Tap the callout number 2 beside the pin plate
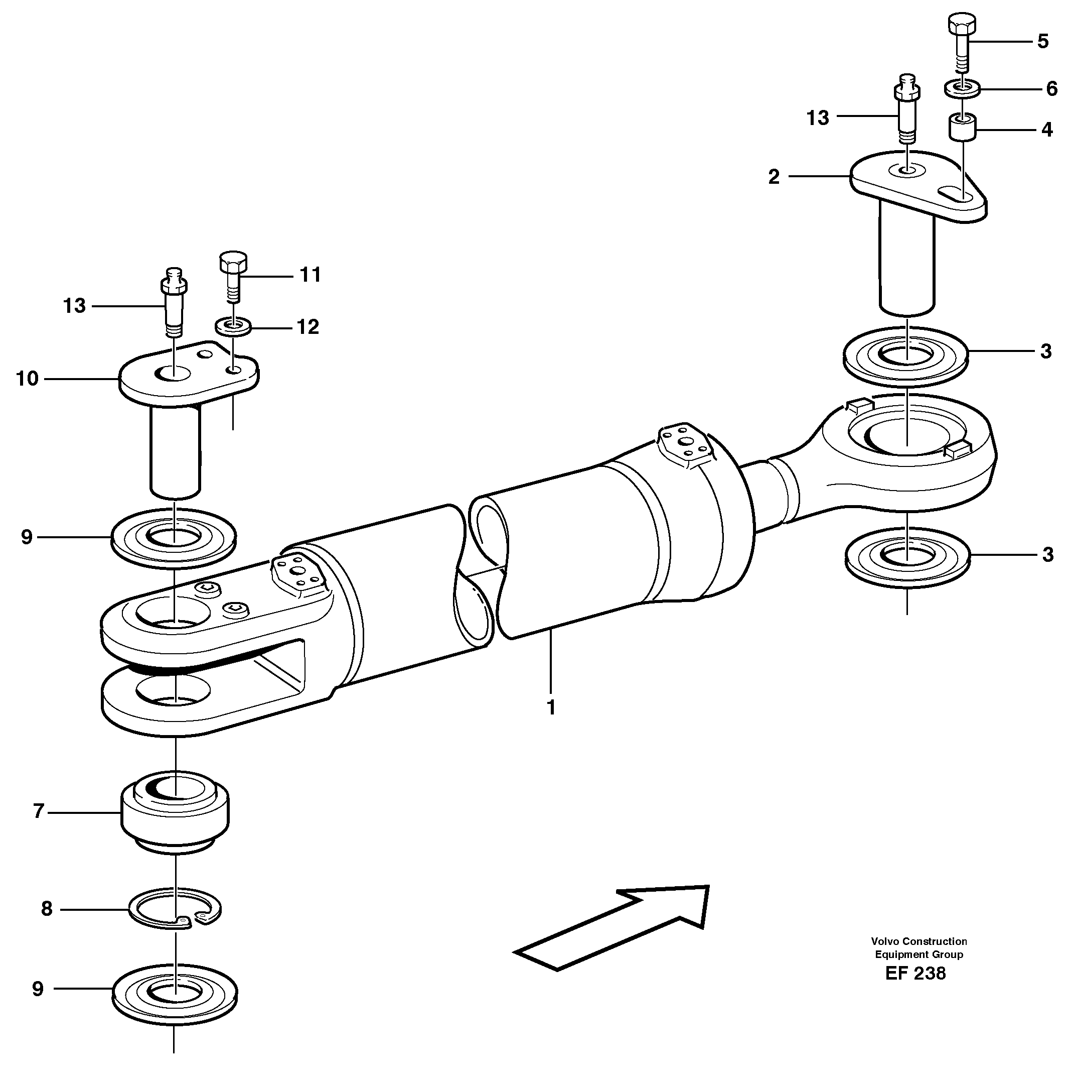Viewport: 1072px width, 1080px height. click(773, 177)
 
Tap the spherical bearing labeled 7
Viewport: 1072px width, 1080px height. click(175, 817)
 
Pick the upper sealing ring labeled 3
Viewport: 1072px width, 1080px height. click(906, 355)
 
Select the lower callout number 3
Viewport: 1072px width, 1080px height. click(1046, 554)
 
